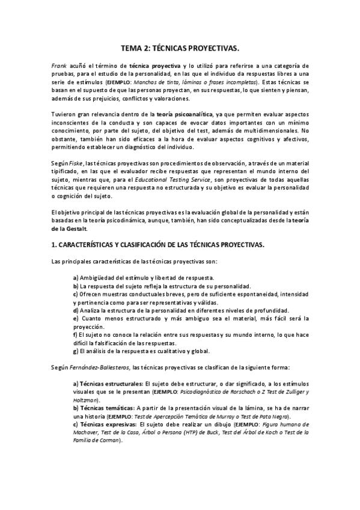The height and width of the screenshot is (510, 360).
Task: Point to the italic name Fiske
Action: (x=76, y=164)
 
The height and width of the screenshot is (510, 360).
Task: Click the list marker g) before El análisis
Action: (x=75, y=351)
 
